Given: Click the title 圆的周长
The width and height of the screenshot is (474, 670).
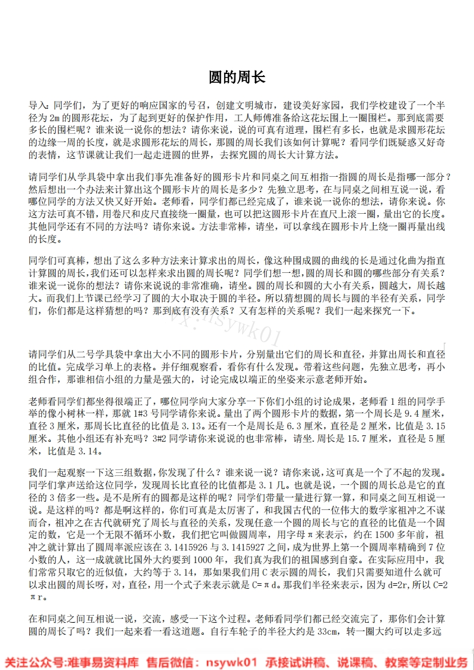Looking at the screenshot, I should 237,77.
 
